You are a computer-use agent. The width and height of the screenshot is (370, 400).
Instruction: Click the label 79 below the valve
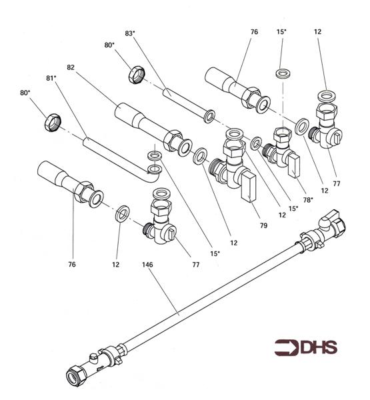pyautogui.click(x=263, y=226)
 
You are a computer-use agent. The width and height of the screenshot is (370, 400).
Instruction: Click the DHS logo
pyautogui.click(x=305, y=347)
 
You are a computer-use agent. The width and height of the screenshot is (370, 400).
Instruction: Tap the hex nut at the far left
pyautogui.click(x=52, y=123)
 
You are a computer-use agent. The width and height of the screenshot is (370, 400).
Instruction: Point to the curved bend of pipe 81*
pyautogui.click(x=153, y=175)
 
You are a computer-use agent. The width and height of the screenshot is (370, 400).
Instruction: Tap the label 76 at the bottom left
pyautogui.click(x=72, y=265)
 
